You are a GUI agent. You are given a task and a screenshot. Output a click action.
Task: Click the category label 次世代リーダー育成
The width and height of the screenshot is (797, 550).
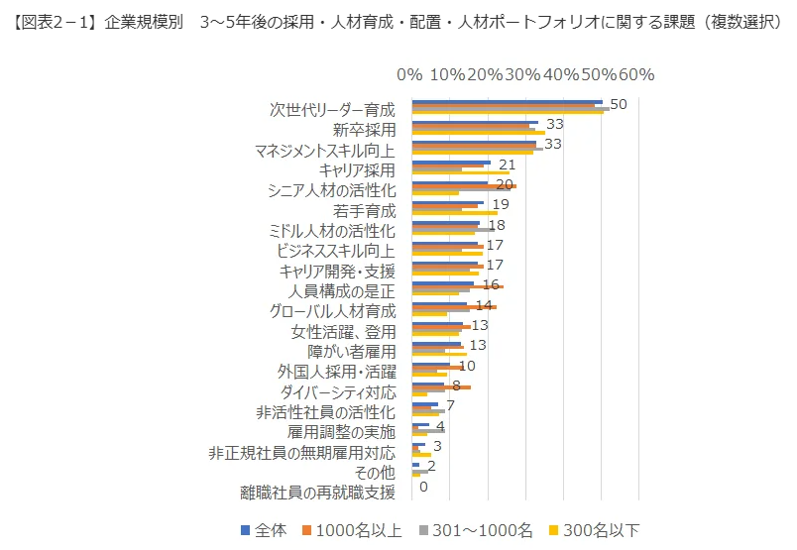332,109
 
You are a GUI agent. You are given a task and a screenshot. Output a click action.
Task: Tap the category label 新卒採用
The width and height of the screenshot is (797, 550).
364,130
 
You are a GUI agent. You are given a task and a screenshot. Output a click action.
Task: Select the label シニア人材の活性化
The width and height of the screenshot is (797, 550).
332,190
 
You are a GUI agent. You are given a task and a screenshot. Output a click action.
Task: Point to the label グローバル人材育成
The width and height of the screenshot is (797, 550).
332,311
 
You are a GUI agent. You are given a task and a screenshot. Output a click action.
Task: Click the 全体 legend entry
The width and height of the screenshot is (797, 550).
264,530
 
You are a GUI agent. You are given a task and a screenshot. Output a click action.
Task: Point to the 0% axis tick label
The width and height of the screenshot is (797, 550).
409,75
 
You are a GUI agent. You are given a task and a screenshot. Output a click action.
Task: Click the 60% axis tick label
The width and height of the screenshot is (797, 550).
636,75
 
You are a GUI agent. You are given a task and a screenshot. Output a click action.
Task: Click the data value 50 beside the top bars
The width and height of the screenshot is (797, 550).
618,104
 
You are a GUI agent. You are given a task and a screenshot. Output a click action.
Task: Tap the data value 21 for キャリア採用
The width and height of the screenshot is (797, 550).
507,165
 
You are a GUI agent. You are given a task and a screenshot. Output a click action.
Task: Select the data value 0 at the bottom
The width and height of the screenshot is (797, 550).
423,487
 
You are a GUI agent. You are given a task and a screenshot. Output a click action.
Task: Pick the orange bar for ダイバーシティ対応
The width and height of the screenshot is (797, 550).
441,387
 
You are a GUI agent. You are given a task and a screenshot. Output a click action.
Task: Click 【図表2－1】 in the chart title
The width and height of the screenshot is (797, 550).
51,20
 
